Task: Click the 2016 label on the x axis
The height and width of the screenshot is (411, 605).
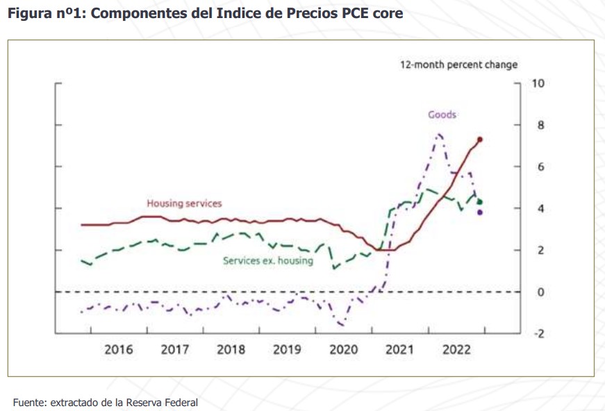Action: click(x=119, y=349)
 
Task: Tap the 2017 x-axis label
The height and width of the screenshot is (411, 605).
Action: click(x=175, y=349)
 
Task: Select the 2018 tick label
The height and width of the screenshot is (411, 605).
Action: click(x=231, y=349)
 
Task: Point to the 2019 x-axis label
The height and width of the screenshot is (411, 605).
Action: click(x=287, y=349)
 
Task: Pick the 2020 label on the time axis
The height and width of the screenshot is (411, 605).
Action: click(x=343, y=349)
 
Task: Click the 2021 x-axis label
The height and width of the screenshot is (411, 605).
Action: click(x=399, y=349)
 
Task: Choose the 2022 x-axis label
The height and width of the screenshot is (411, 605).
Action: click(x=456, y=349)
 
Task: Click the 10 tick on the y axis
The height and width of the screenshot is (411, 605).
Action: click(x=538, y=83)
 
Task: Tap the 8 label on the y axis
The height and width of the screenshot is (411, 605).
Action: click(x=536, y=125)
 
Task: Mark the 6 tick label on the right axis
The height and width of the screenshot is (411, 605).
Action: click(x=536, y=167)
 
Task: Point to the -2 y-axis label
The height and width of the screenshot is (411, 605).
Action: click(x=538, y=333)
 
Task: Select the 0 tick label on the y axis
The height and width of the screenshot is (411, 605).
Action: click(x=536, y=292)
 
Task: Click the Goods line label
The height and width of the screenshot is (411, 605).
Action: click(x=442, y=115)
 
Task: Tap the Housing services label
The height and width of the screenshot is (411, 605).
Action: click(x=184, y=203)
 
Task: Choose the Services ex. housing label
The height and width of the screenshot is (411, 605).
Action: click(x=267, y=261)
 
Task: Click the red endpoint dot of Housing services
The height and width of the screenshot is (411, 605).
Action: click(x=480, y=140)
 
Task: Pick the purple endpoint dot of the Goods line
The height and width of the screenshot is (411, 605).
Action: click(x=480, y=212)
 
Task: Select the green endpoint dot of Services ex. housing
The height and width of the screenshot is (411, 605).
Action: click(x=480, y=202)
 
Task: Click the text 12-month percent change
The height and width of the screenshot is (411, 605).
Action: click(x=458, y=65)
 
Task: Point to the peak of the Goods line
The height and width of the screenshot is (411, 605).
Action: click(x=439, y=134)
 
